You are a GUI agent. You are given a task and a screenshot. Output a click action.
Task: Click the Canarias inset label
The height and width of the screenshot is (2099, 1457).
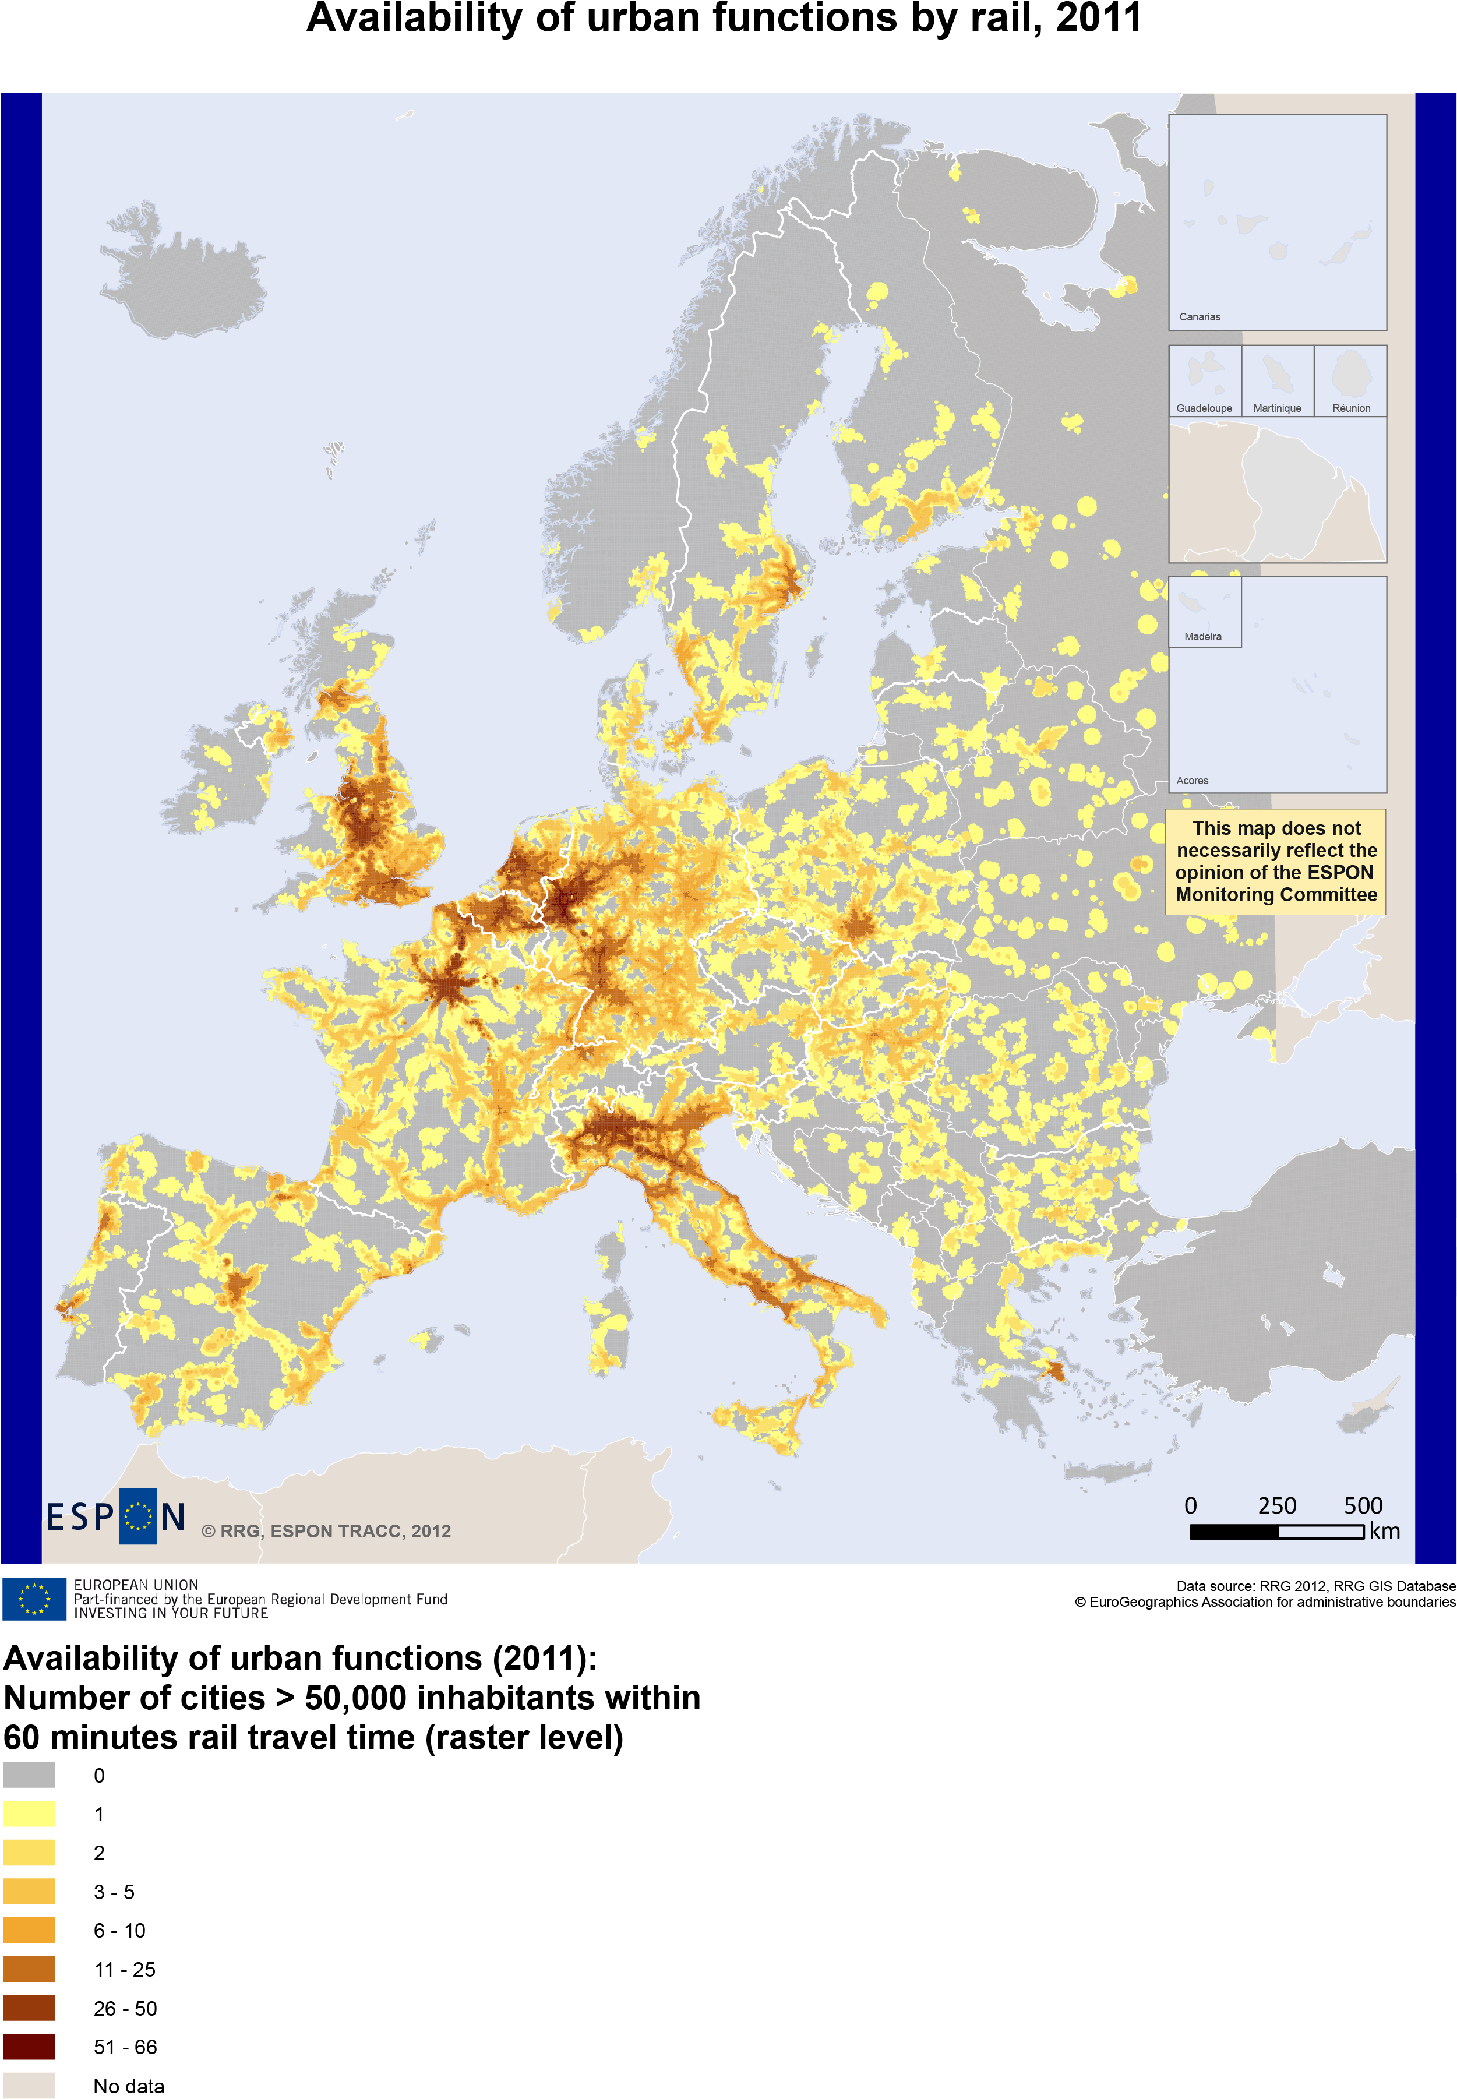tap(1199, 317)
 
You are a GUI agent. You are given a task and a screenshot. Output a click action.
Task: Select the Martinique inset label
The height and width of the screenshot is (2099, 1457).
tap(1276, 408)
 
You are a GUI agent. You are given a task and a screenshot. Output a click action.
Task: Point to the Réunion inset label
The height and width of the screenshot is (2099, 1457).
tap(1350, 408)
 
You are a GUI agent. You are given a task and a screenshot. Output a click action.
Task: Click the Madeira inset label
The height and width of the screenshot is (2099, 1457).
tap(1202, 636)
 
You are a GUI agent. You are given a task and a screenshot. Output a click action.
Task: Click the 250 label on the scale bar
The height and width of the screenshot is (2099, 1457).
tap(1276, 1505)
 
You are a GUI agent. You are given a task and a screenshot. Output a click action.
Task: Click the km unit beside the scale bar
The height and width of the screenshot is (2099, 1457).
tap(1384, 1531)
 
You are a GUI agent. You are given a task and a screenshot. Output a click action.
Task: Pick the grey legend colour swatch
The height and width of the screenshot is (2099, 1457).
tap(29, 1775)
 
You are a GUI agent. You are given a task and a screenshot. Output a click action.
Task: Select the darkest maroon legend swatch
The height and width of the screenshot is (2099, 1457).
tap(29, 2046)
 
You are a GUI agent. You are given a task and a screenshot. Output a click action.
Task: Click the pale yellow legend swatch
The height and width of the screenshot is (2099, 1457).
tap(29, 1813)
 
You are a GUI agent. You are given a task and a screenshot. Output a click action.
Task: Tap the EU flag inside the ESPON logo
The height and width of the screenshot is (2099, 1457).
tap(138, 1516)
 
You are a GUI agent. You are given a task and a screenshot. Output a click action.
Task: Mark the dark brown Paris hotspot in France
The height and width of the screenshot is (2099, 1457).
tap(446, 986)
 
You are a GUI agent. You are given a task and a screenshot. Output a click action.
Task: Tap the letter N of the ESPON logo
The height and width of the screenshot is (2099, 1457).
tap(172, 1516)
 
